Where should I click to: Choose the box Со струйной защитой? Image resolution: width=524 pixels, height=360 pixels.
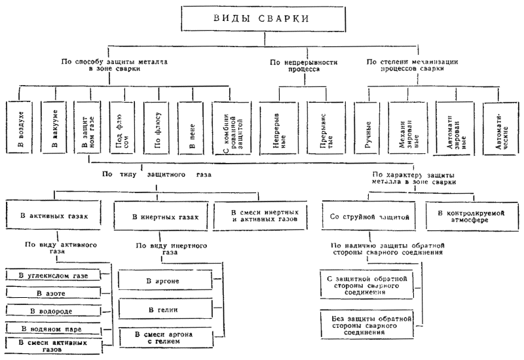[369, 215]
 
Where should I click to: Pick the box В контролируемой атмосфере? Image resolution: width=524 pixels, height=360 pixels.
[468, 215]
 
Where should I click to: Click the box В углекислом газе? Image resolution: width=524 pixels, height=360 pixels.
[54, 275]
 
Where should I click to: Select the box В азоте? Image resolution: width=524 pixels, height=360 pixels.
[54, 293]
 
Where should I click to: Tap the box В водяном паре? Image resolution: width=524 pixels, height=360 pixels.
[54, 327]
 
